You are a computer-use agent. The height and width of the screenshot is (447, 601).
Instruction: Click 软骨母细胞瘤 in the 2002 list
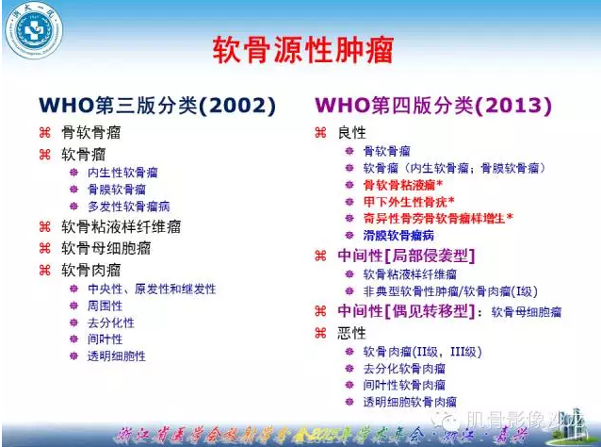click(106, 248)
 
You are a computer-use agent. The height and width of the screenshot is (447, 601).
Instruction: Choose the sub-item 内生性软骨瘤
click(122, 173)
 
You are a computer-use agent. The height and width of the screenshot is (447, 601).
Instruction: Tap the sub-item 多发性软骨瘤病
click(128, 206)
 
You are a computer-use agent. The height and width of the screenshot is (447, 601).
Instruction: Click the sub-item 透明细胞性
click(117, 356)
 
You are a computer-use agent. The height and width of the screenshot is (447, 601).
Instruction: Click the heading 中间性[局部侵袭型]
click(406, 255)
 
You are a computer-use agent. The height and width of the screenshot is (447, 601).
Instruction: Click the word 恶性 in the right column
click(351, 332)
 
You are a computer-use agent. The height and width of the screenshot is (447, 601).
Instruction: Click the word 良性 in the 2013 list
click(351, 132)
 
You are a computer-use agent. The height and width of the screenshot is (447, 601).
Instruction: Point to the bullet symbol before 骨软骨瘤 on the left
click(44, 132)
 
